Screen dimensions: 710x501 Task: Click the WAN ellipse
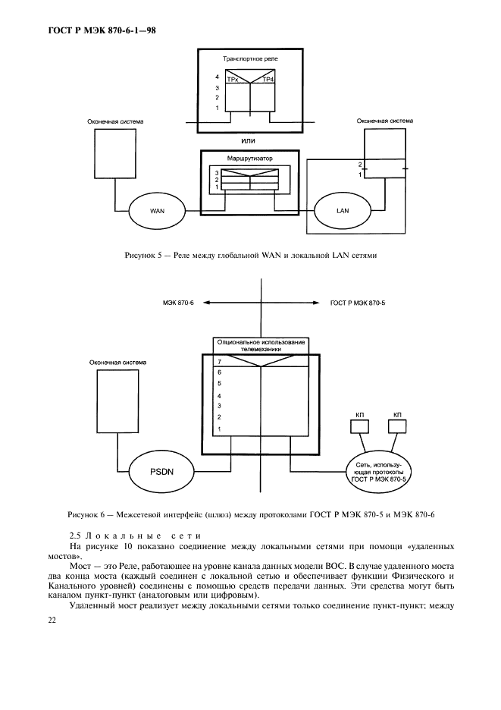[157, 210]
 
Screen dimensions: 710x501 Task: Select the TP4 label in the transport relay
[268, 78]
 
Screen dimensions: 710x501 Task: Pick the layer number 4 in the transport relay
[217, 77]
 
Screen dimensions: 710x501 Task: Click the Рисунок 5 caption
[250, 256]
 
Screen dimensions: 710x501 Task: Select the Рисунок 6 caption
[250, 516]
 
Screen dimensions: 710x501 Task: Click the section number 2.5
[75, 536]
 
